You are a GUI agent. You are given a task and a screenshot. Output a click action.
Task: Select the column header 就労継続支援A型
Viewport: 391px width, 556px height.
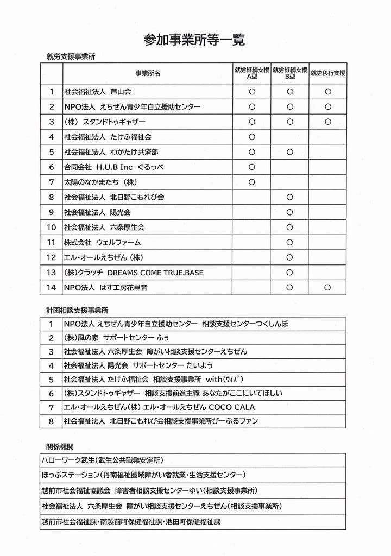pyautogui.click(x=251, y=73)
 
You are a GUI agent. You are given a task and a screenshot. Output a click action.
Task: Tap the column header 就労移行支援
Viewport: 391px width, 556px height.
pyautogui.click(x=328, y=73)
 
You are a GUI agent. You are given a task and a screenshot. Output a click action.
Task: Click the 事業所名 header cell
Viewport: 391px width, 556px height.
pyautogui.click(x=148, y=73)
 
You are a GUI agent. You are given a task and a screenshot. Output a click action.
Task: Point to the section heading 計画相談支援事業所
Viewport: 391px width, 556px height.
pyautogui.click(x=77, y=310)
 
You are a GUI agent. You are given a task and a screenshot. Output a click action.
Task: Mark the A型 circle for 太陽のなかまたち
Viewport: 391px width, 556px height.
pyautogui.click(x=251, y=182)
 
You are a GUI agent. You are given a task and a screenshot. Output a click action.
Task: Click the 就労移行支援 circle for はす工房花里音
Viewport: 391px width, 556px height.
pyautogui.click(x=328, y=287)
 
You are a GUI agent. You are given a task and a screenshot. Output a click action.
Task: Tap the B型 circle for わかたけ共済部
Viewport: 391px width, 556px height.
pyautogui.click(x=289, y=152)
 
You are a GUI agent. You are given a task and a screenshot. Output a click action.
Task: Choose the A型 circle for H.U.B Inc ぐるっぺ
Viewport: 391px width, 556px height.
pyautogui.click(x=251, y=167)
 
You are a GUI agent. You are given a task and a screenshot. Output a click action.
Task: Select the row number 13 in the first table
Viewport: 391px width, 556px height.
pyautogui.click(x=52, y=272)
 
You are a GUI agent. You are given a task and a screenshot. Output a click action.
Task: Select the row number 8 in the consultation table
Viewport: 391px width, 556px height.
pyautogui.click(x=52, y=421)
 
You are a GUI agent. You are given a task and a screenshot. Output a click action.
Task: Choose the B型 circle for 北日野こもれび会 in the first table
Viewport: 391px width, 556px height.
pyautogui.click(x=289, y=197)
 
